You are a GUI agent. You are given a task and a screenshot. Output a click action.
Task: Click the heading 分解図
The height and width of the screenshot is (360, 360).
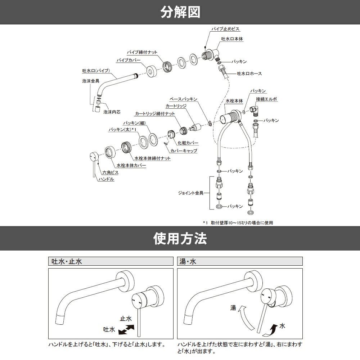(180, 12)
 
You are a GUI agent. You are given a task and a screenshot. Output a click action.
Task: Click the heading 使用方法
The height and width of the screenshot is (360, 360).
(180, 238)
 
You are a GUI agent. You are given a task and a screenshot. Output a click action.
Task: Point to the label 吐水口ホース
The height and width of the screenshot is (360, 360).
(249, 73)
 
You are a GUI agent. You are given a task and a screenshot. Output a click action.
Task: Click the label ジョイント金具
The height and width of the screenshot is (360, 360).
(191, 193)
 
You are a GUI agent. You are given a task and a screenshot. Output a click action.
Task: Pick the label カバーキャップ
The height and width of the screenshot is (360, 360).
(184, 151)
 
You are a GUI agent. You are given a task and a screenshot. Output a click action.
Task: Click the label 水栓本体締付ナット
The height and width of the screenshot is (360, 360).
(152, 158)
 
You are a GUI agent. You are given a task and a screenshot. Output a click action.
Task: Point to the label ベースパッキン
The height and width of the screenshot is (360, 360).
(183, 99)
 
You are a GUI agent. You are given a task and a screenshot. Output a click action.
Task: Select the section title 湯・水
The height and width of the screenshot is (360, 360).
(188, 261)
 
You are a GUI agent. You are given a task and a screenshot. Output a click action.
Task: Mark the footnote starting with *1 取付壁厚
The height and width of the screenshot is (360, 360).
(238, 223)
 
